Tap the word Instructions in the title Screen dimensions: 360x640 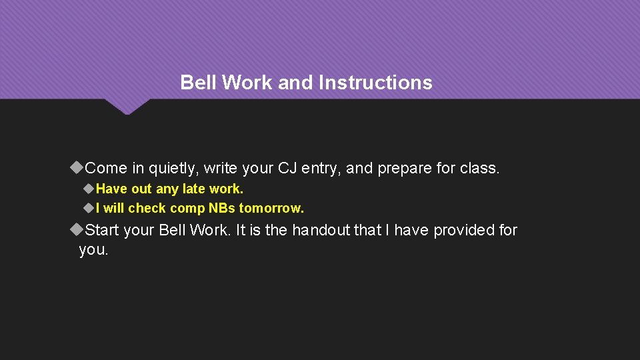point(375,83)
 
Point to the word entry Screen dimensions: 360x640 point(321,169)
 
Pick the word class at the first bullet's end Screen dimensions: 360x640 point(479,169)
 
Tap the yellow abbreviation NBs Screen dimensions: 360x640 point(221,208)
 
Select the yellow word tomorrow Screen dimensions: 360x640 point(271,208)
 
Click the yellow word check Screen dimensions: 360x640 point(147,208)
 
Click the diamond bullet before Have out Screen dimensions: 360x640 point(89,189)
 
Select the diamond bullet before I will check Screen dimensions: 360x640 point(89,208)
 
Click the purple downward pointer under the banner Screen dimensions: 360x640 point(127,107)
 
